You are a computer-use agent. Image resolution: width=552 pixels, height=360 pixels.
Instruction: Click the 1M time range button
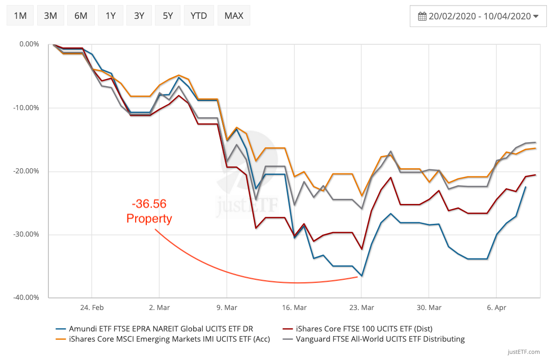click(x=20, y=15)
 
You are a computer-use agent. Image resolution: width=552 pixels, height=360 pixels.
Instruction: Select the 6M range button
click(x=81, y=15)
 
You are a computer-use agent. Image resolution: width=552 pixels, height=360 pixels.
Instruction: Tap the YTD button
click(x=199, y=15)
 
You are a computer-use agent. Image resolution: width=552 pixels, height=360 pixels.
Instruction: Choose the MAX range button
click(x=234, y=15)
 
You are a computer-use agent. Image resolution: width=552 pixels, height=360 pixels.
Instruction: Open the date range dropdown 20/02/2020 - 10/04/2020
click(x=478, y=16)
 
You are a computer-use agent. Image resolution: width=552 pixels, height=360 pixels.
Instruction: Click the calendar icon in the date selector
click(x=422, y=16)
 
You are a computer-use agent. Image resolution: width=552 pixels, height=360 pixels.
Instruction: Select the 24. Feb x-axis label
click(x=92, y=307)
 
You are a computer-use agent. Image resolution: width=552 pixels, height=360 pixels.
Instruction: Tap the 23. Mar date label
click(x=361, y=307)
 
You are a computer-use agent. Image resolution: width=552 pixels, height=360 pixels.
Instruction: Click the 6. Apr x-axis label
click(x=496, y=307)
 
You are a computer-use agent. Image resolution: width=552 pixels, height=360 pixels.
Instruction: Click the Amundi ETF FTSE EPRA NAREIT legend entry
click(x=160, y=328)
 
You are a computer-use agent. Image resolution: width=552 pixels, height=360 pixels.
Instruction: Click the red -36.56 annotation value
click(x=149, y=204)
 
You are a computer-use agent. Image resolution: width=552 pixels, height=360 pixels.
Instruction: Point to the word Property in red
click(x=149, y=219)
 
